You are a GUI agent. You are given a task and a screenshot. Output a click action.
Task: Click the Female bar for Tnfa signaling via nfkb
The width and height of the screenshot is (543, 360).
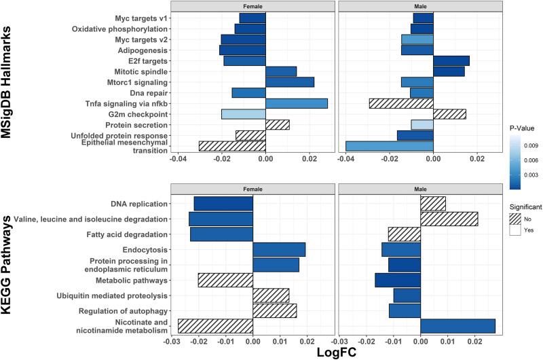(x=297, y=103)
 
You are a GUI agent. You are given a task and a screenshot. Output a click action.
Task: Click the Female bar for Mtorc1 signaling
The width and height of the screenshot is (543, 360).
(x=290, y=82)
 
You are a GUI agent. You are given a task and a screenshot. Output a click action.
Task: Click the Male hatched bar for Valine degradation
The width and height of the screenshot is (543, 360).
(x=449, y=219)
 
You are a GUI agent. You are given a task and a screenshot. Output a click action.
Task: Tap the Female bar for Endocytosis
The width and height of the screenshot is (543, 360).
(x=279, y=249)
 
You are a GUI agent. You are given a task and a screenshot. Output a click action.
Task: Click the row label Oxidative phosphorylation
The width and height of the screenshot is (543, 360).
(x=120, y=29)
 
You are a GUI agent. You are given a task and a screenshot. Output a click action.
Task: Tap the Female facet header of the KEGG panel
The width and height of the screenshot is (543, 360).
(x=252, y=188)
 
